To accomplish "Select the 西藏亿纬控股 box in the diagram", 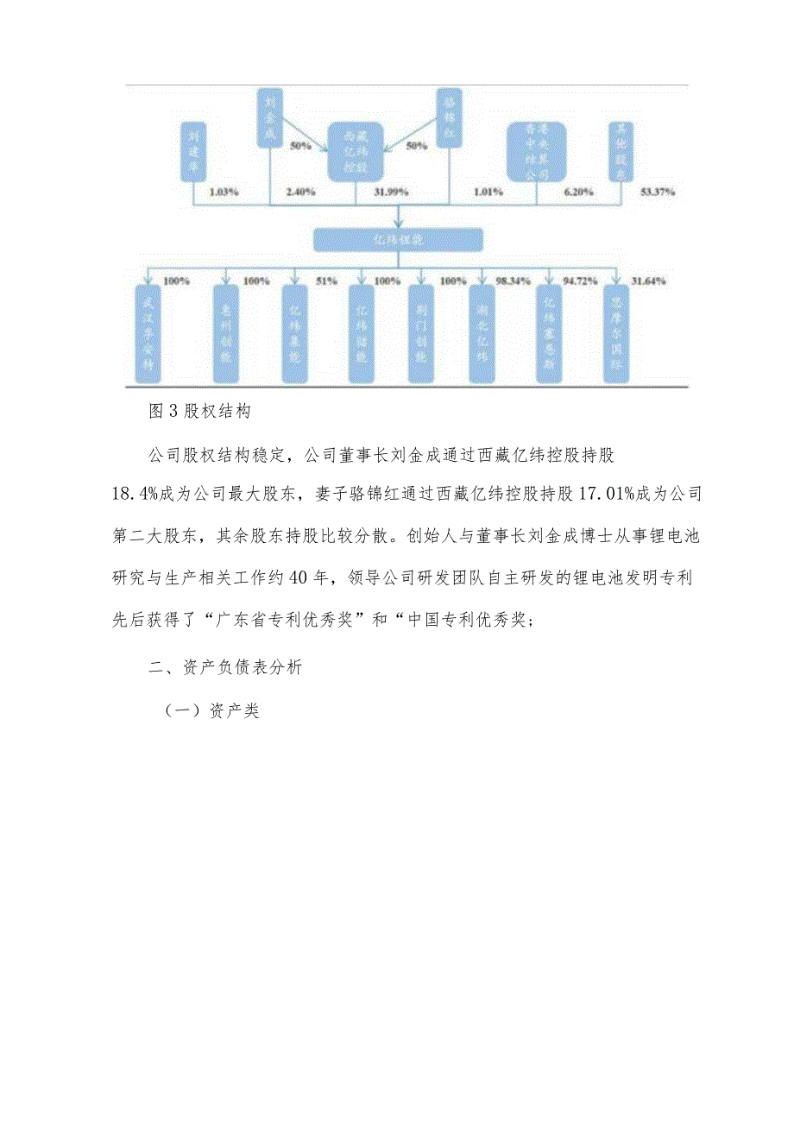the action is click(x=356, y=151).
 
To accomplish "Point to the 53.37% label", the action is click(x=659, y=192).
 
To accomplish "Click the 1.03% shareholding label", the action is click(x=222, y=192).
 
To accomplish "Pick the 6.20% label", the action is click(x=577, y=192).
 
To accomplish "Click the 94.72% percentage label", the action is click(x=581, y=281).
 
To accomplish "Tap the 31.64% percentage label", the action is click(x=648, y=281).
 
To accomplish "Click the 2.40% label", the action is click(x=301, y=192).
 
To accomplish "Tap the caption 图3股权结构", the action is click(x=199, y=411).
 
